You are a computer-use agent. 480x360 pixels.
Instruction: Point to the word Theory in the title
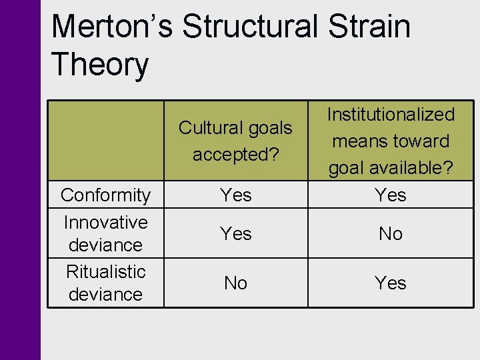100,65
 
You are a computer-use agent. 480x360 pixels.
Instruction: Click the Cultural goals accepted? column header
235,141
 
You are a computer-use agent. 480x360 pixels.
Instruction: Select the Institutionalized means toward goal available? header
391,141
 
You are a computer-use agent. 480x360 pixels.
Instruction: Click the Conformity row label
105,195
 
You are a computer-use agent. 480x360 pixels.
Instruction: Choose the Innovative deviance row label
105,233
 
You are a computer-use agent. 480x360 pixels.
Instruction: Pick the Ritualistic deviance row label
105,283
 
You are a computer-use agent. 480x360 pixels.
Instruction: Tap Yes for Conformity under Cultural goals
236,195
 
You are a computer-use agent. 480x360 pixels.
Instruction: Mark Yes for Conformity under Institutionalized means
391,195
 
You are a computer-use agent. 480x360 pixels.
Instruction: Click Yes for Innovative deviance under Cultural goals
236,233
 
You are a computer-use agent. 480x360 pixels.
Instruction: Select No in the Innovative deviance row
391,233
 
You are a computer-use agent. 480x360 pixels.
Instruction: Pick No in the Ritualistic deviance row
236,283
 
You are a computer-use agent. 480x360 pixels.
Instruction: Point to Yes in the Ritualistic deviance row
391,283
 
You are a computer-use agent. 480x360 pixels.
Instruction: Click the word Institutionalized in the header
391,115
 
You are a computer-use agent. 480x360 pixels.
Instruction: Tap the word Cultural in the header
211,127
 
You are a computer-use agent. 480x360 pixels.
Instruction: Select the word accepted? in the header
235,154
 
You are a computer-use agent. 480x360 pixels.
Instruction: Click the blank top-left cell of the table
105,141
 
